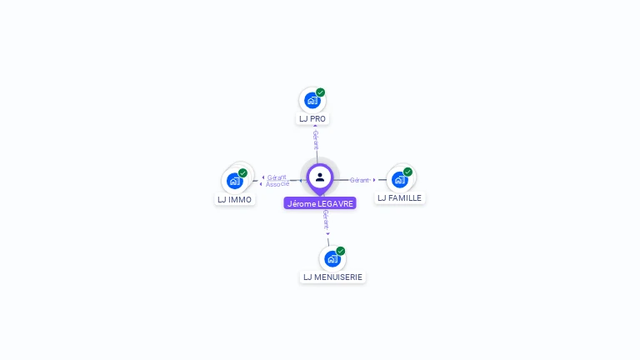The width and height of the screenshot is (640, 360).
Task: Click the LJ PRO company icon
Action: (312, 100)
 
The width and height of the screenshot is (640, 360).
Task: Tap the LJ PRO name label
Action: (312, 119)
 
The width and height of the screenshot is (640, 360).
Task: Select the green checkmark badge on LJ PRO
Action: (320, 92)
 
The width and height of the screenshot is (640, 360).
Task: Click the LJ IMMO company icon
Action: (235, 181)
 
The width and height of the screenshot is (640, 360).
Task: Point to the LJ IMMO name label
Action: (235, 200)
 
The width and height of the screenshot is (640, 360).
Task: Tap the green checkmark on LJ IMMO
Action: (242, 173)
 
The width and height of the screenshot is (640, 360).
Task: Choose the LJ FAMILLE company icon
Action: (400, 180)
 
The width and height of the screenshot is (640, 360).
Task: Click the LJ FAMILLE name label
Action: (400, 198)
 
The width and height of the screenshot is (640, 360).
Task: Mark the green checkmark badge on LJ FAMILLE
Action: (407, 172)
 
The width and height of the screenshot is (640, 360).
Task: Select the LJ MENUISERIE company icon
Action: (332, 259)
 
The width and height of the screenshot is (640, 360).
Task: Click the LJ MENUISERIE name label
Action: (332, 277)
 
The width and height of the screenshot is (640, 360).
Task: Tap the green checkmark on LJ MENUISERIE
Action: (340, 251)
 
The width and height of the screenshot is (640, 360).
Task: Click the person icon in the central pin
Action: (320, 177)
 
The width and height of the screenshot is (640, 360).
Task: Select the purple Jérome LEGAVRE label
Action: (320, 203)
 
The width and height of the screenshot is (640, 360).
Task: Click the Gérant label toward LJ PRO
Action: (316, 140)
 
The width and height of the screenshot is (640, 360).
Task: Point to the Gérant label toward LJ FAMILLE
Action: (359, 180)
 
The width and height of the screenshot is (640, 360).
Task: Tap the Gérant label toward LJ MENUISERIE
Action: (326, 220)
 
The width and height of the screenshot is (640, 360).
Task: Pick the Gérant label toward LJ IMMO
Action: (277, 177)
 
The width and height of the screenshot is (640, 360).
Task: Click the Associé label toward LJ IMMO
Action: (277, 184)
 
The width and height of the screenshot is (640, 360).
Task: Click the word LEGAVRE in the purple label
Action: (336, 203)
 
